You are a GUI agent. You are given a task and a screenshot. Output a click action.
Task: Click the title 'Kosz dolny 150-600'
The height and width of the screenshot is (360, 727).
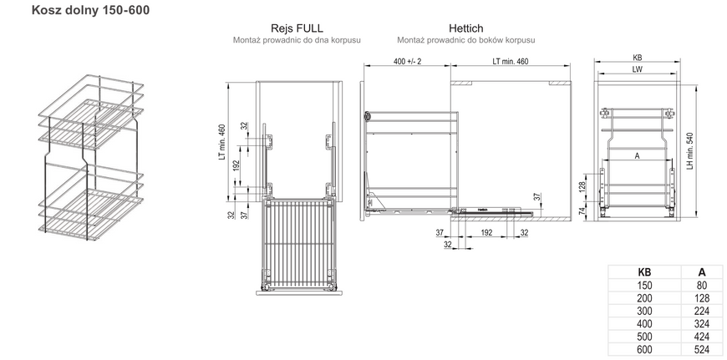pos(90,10)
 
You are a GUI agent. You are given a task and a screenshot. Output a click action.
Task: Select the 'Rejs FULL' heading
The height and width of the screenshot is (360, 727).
pos(297,28)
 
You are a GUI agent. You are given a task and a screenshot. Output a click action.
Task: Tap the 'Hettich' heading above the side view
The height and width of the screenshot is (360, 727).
pos(465,28)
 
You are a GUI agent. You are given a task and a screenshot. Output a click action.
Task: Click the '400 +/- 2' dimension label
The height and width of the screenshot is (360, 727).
pos(407,61)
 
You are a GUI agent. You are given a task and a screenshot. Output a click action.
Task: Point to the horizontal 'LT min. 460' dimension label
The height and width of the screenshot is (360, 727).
pos(511,61)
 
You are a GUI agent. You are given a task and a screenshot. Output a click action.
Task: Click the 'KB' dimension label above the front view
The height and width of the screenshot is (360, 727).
pos(637,58)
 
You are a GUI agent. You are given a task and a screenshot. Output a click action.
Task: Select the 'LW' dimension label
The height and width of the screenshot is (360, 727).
pos(637,69)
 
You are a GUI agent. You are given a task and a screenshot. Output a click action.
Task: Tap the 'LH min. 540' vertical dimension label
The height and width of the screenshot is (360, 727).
pos(689,151)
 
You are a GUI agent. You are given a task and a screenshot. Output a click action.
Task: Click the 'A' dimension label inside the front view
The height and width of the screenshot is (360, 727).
pos(637,156)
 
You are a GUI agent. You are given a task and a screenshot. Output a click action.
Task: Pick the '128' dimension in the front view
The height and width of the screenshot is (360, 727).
pos(582,187)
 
